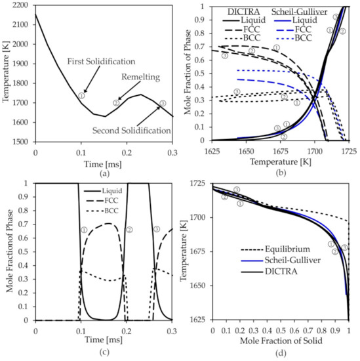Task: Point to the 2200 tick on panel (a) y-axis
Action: (20, 5)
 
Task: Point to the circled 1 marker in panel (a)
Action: (81, 95)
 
